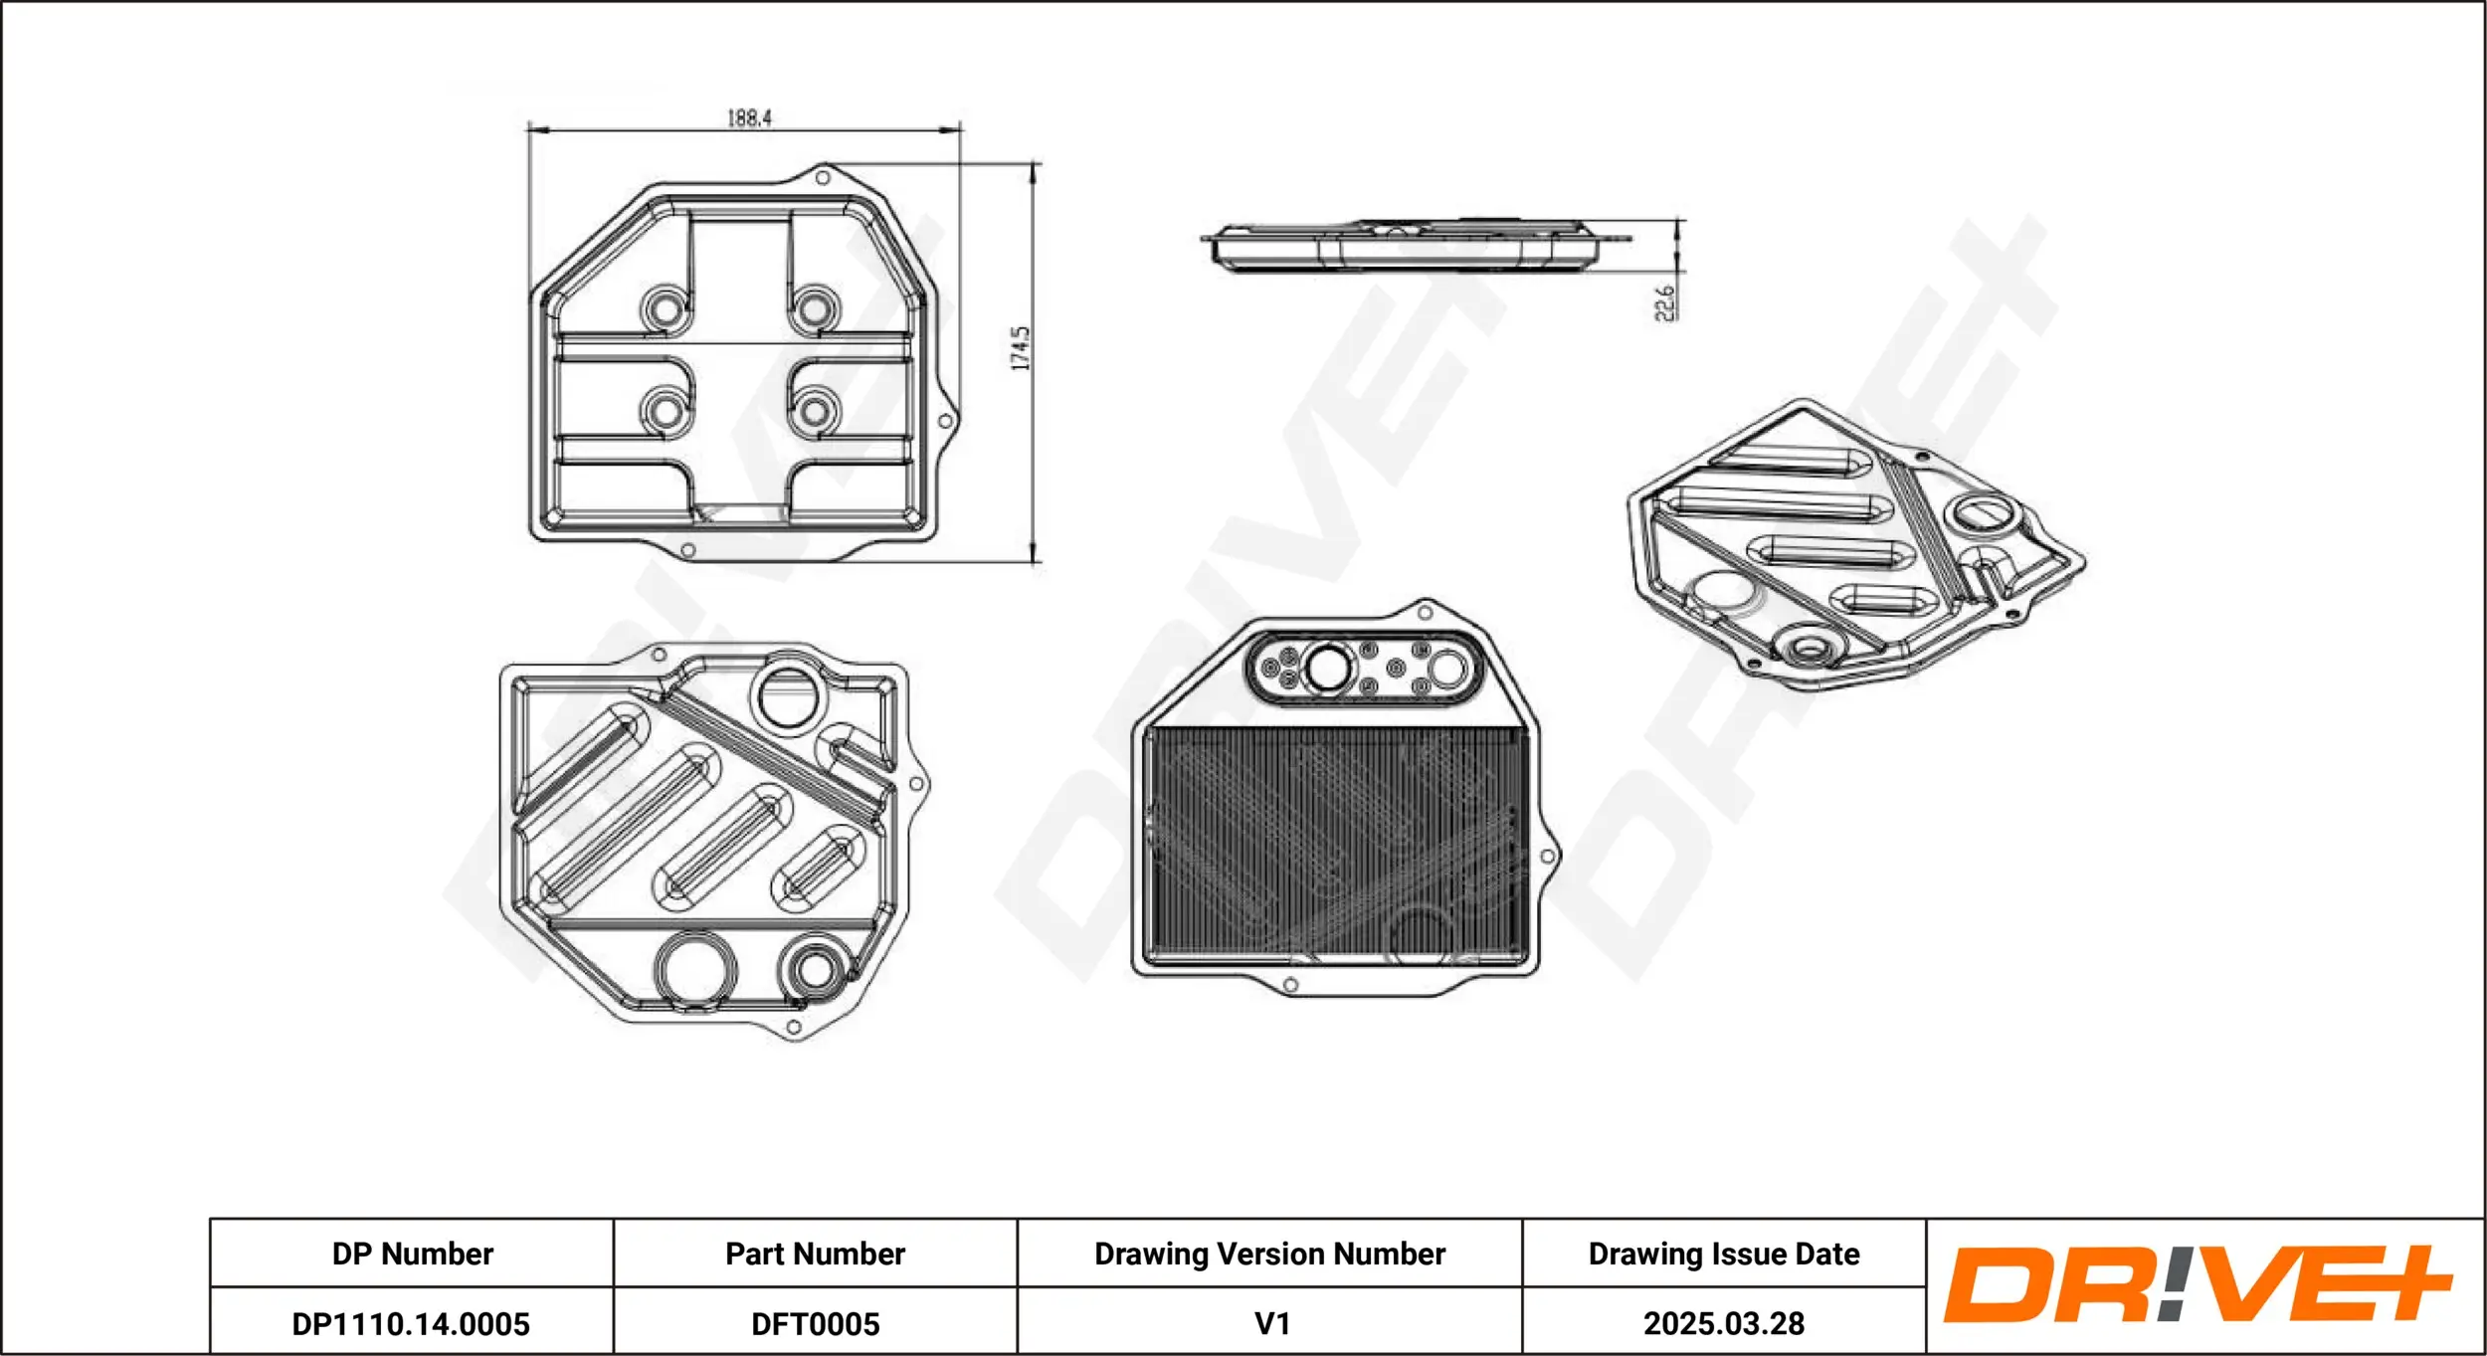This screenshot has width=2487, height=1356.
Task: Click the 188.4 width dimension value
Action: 749,117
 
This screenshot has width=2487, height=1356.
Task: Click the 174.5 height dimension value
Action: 1021,348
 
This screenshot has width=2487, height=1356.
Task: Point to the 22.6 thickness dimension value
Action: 1664,302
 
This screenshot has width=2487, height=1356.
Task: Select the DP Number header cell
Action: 412,1254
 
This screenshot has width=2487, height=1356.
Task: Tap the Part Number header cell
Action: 815,1254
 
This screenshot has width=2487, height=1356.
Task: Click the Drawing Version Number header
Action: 1269,1254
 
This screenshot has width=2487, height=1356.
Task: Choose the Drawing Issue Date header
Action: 1723,1254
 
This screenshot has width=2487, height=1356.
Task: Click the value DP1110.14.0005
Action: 411,1324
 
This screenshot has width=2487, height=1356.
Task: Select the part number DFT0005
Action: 815,1324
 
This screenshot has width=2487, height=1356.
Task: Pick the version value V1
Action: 1271,1324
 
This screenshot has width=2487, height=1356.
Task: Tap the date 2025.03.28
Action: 1723,1324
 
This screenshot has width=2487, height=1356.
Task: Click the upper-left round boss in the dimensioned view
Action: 665,309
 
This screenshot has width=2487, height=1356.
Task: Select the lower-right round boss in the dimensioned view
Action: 815,411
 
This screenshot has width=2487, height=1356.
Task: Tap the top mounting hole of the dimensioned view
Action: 823,178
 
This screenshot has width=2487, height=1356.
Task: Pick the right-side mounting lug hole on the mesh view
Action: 1547,856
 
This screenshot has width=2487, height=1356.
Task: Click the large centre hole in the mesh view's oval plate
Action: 1327,669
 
